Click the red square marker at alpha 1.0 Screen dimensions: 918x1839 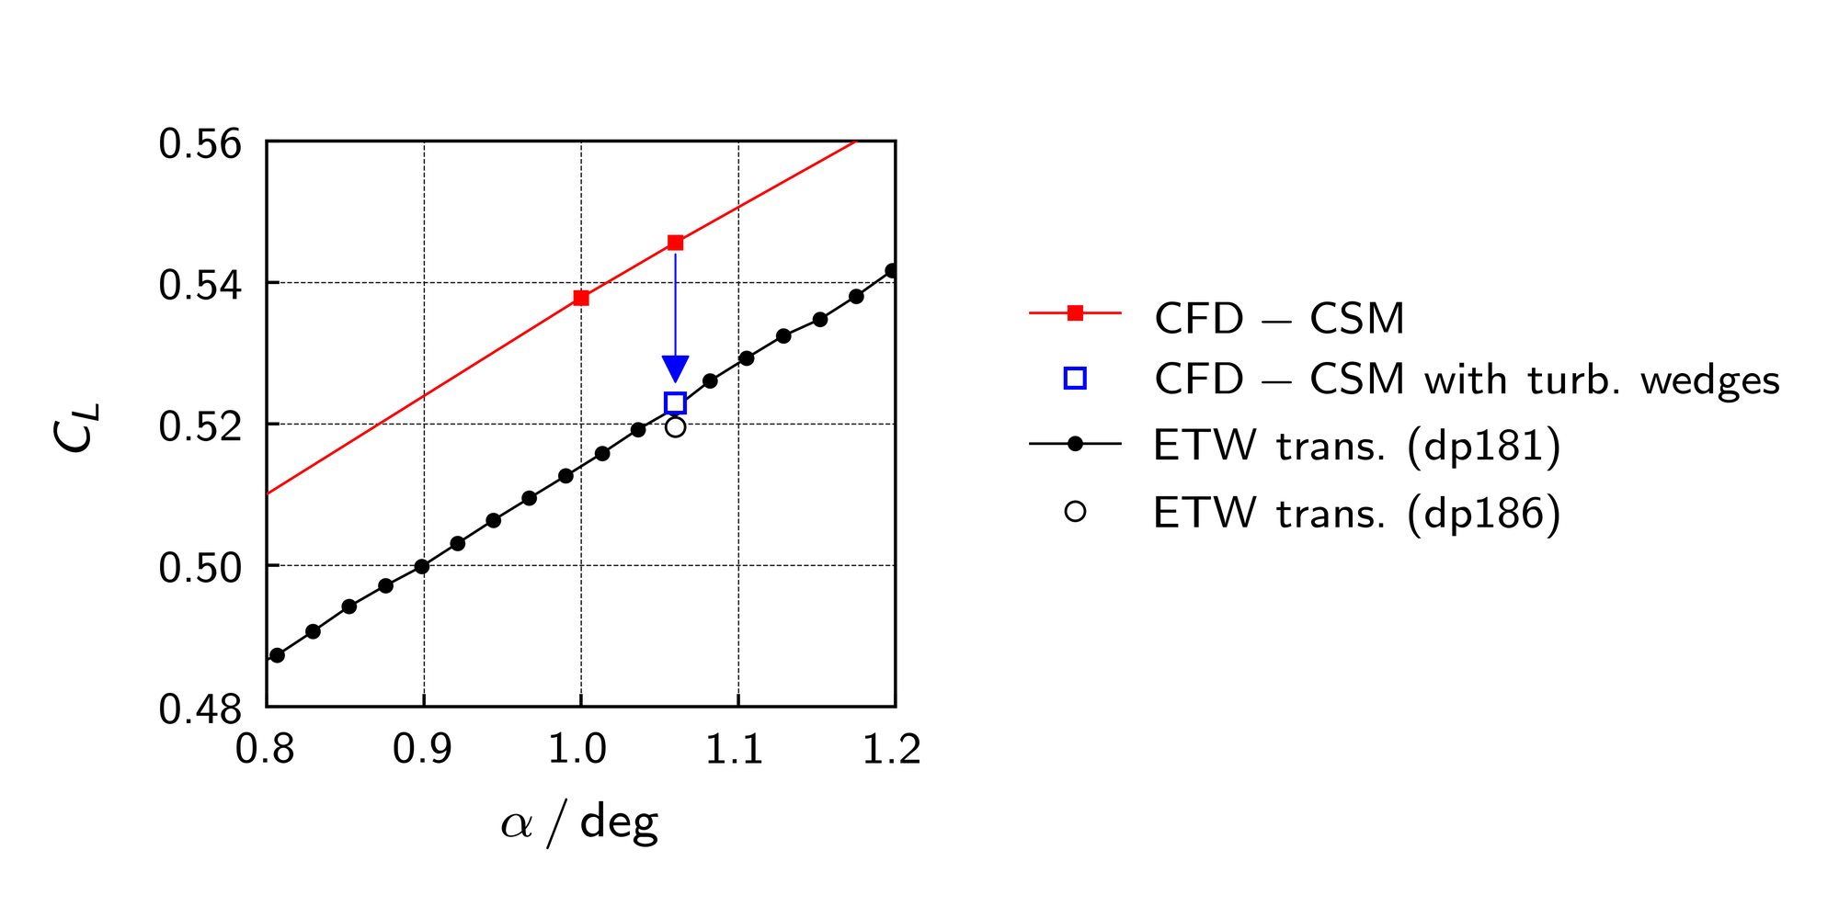tap(581, 298)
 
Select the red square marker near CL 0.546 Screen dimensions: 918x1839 tap(676, 243)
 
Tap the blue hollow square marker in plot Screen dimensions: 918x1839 tap(676, 402)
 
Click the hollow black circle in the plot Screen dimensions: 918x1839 tap(676, 426)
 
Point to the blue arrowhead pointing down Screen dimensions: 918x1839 tap(676, 368)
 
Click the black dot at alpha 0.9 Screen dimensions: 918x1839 tap(422, 566)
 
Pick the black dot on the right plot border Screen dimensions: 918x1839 tap(891, 271)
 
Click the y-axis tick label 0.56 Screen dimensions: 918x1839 tap(200, 144)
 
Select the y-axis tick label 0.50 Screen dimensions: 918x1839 tap(200, 568)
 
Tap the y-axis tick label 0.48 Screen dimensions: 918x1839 tap(200, 709)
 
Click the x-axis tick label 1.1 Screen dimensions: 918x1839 tap(735, 750)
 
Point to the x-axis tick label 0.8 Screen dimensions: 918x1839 tap(265, 750)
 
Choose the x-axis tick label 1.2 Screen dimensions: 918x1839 tap(891, 750)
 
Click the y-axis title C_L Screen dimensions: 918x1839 tap(74, 427)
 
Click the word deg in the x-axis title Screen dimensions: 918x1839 tap(619, 821)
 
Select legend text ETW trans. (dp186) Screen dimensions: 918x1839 tap(1357, 513)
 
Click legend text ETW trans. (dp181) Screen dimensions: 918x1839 tap(1357, 446)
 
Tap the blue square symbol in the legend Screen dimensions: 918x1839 tap(1075, 379)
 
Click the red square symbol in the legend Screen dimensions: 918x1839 tap(1075, 313)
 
